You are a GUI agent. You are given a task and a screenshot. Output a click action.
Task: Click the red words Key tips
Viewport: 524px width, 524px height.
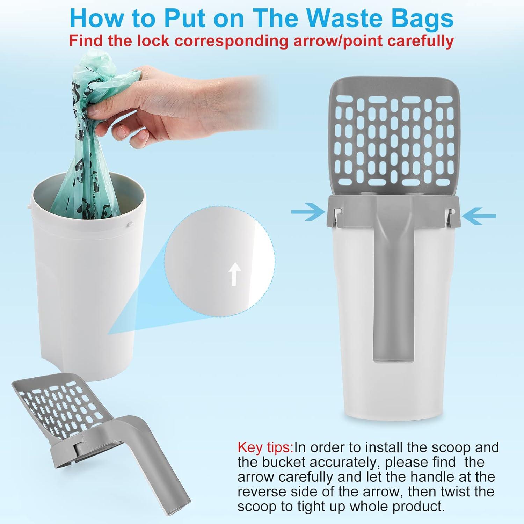[x=266, y=447]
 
